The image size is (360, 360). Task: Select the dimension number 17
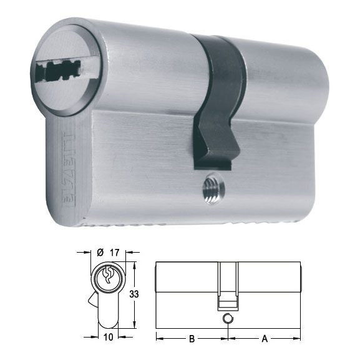coord(115,252)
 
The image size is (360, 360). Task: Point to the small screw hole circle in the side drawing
coord(228,318)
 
